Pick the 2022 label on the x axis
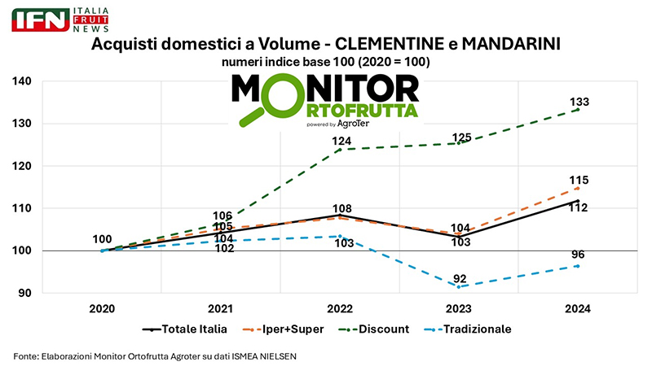tap(340, 309)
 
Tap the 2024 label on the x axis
tap(577, 309)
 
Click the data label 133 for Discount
tap(579, 102)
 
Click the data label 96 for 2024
tap(578, 255)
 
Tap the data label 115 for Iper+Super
tap(579, 181)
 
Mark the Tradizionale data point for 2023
tap(458, 286)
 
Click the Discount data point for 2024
tap(577, 110)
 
